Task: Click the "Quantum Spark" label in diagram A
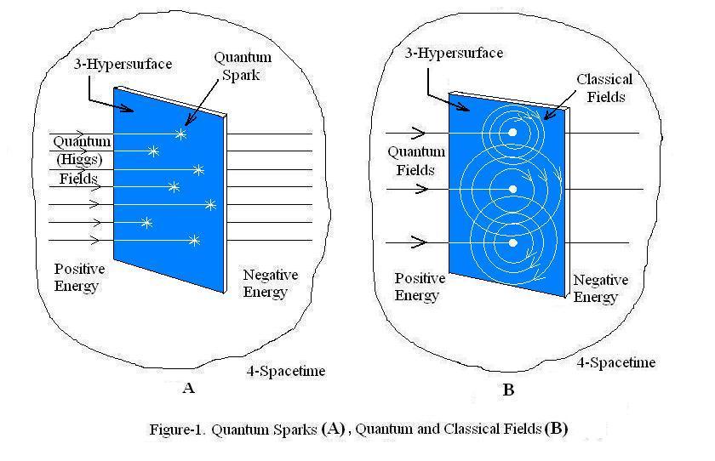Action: coord(242,66)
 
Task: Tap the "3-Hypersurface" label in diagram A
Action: coord(123,65)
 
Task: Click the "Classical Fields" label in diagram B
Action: coord(604,88)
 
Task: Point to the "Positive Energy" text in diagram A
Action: coord(79,277)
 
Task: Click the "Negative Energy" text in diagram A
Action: coord(270,283)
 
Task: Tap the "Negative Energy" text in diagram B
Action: coord(600,288)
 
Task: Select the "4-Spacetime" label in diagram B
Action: coord(616,363)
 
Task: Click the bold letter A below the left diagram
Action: coord(189,389)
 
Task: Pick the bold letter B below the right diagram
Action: coord(508,390)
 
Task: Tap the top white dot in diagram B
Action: coord(512,133)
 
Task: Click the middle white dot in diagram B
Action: coord(512,189)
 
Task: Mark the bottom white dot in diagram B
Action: coord(512,243)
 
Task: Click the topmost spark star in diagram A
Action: coord(180,134)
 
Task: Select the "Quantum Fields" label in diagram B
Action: coord(416,161)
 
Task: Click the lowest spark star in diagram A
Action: coord(194,241)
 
